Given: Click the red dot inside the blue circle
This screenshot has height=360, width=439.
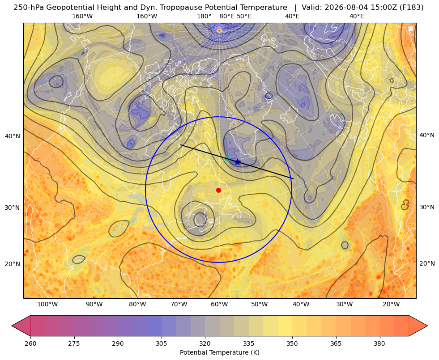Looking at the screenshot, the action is (x=219, y=190).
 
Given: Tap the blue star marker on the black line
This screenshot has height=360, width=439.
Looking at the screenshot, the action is (x=238, y=162).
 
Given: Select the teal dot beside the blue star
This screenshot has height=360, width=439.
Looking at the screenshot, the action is (x=227, y=159).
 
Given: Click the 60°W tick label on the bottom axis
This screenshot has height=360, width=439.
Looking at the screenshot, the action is (x=219, y=304).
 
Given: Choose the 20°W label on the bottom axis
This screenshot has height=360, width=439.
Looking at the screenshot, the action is (x=391, y=304).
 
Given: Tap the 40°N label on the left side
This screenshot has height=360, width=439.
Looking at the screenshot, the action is (x=13, y=136).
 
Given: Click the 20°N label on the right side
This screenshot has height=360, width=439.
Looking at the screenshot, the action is (x=427, y=263).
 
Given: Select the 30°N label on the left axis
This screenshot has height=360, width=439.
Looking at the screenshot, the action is (x=13, y=208).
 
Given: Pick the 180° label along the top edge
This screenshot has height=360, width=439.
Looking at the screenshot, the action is (x=204, y=16).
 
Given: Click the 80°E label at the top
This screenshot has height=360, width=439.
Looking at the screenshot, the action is (x=226, y=16).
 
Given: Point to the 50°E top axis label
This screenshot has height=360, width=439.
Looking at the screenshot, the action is (x=244, y=16).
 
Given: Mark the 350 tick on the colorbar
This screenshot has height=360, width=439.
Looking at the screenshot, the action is (x=292, y=343).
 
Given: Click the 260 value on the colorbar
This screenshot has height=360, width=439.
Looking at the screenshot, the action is (x=30, y=343).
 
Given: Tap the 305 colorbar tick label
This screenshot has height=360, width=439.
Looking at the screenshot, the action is (x=162, y=343).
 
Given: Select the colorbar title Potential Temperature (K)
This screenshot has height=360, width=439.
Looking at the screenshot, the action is (x=219, y=352).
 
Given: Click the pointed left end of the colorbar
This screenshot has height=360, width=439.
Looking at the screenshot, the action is (x=12, y=326).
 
